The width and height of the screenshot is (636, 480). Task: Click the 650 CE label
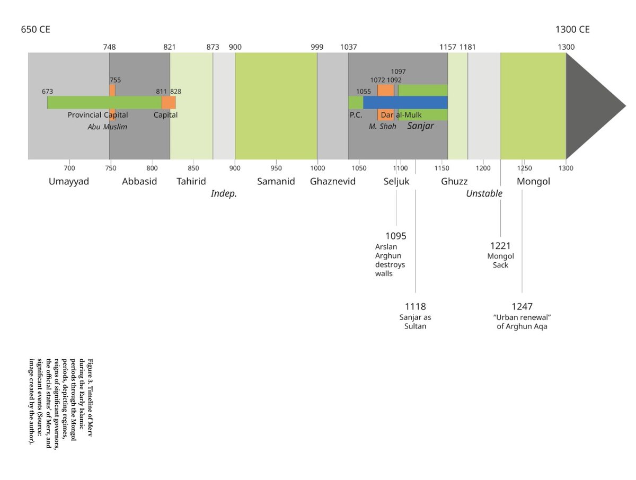pyautogui.click(x=36, y=29)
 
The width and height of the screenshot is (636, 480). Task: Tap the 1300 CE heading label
pyautogui.click(x=572, y=29)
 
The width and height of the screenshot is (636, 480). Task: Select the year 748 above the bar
pyautogui.click(x=109, y=47)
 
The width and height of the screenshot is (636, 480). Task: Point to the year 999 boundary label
pyautogui.click(x=317, y=47)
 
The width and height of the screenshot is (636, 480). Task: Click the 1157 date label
pyautogui.click(x=448, y=47)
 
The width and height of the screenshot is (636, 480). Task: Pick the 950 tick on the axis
pyautogui.click(x=276, y=168)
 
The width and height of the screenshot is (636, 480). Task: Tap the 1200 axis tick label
pyautogui.click(x=483, y=168)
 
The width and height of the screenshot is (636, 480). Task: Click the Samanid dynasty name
pyautogui.click(x=276, y=181)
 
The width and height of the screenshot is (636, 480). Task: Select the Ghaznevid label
pyautogui.click(x=333, y=181)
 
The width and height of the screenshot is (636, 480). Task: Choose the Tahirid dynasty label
pyautogui.click(x=191, y=181)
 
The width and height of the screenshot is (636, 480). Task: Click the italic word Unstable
pyautogui.click(x=484, y=193)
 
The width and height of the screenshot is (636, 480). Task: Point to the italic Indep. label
pyautogui.click(x=224, y=194)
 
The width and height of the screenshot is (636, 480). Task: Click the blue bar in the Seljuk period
pyautogui.click(x=405, y=102)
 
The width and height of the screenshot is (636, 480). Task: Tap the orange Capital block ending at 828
pyautogui.click(x=169, y=102)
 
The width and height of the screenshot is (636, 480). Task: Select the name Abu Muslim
pyautogui.click(x=107, y=127)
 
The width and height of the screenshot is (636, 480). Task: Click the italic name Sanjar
pyautogui.click(x=420, y=126)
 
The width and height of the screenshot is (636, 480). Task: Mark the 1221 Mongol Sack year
pyautogui.click(x=500, y=246)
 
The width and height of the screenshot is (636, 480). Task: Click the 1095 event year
pyautogui.click(x=396, y=236)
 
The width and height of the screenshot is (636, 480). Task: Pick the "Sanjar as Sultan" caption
pyautogui.click(x=415, y=322)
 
